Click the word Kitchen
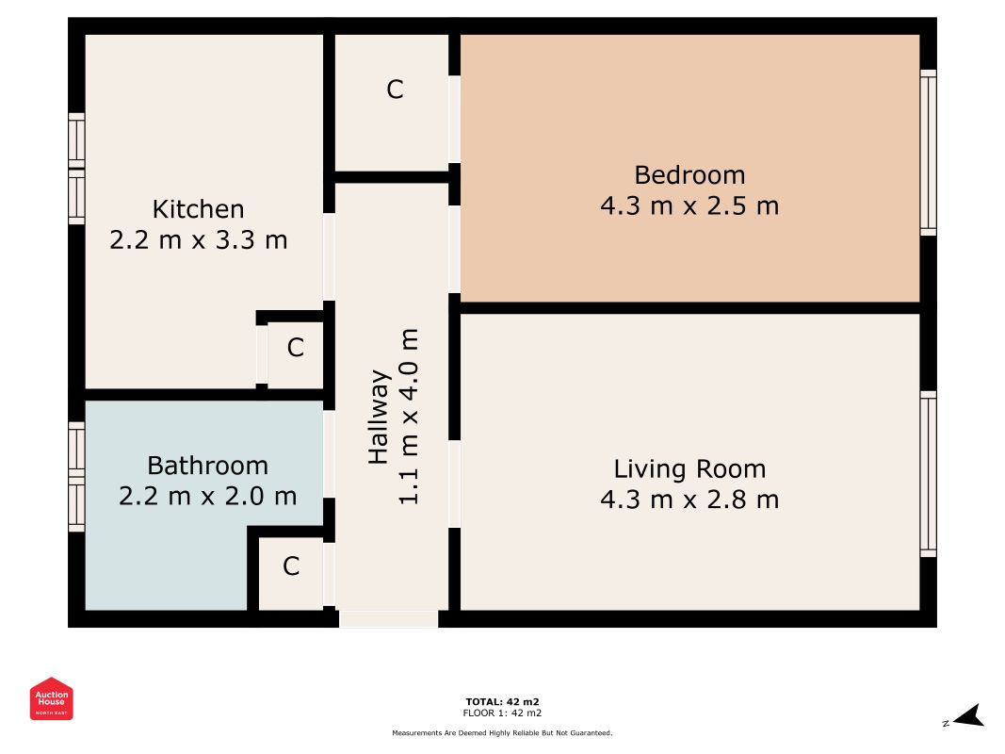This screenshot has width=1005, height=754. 198,209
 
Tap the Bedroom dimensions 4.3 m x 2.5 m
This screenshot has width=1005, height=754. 689,205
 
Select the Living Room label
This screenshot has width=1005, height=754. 689,468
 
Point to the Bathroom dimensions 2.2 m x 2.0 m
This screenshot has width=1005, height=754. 207,496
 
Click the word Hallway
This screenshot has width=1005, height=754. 379,417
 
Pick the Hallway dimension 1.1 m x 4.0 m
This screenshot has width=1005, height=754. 408,417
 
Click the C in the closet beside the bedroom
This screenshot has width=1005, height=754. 395,90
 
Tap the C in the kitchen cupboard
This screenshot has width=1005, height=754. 295,348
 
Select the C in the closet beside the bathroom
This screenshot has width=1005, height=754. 291,566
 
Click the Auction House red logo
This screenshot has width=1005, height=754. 51,698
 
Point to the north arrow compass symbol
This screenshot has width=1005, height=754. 968,716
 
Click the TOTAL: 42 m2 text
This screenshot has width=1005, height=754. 503,701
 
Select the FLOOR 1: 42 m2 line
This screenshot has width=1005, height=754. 503,713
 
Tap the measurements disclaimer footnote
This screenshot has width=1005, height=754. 503,733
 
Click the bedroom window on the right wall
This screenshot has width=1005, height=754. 928,153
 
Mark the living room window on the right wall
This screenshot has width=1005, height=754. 928,474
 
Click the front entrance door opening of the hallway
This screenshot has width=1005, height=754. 388,618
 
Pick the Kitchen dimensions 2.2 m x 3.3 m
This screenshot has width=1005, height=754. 198,239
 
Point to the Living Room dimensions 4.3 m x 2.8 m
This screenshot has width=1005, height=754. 689,500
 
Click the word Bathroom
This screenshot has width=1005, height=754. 207,466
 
